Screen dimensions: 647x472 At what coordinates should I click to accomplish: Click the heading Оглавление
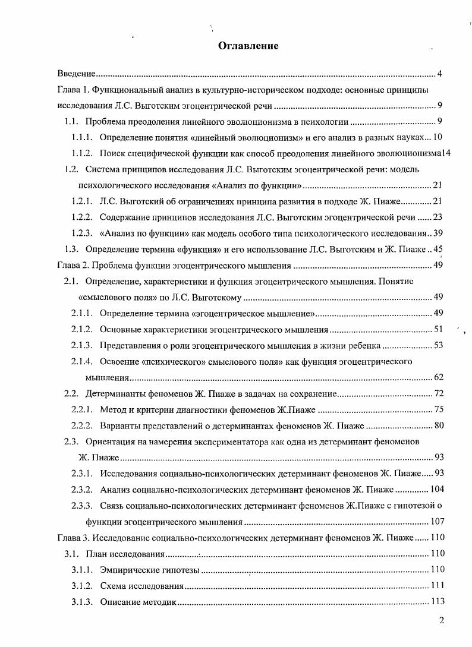(248, 46)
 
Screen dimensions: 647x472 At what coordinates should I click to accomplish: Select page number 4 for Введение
(439, 74)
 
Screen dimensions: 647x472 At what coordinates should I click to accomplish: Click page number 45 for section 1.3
(439, 249)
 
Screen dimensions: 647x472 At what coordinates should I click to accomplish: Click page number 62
(439, 377)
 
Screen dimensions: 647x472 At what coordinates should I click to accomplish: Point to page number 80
(439, 425)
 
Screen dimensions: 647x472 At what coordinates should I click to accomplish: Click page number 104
(437, 490)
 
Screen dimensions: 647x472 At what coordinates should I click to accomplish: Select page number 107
(437, 522)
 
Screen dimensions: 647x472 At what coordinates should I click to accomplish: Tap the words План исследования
(125, 554)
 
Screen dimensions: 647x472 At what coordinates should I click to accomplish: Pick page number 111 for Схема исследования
(437, 586)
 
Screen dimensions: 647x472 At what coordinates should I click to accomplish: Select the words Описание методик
(139, 602)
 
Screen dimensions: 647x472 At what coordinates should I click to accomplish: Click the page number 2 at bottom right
(441, 621)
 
